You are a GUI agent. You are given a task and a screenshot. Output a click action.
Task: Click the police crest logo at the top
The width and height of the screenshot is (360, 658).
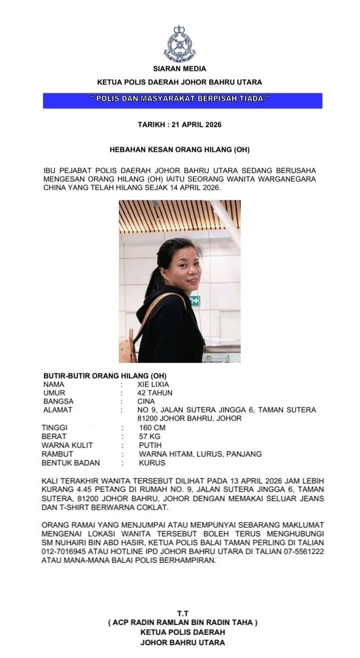(x=180, y=44)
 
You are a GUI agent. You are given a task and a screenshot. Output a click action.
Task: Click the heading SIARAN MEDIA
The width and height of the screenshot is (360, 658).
(x=180, y=69)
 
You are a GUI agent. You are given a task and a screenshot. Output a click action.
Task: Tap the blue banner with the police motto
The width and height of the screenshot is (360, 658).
(x=182, y=99)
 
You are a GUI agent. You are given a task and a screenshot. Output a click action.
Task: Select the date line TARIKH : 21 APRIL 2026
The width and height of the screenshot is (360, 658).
(x=180, y=124)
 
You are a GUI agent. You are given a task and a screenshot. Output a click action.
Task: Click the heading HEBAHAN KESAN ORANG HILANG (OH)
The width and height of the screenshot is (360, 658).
(x=180, y=149)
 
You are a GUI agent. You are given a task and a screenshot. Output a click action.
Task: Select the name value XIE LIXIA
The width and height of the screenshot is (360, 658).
(x=153, y=385)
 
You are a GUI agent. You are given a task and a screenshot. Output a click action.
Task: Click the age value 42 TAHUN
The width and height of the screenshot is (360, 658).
(x=155, y=393)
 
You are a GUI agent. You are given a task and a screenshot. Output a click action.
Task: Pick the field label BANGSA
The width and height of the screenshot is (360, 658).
(x=58, y=402)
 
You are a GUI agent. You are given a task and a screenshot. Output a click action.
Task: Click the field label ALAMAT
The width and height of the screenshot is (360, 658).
(x=58, y=410)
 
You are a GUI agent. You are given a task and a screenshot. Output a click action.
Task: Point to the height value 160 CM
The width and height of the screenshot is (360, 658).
(x=152, y=428)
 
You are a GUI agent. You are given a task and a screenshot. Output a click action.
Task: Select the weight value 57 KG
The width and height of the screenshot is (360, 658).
(x=150, y=437)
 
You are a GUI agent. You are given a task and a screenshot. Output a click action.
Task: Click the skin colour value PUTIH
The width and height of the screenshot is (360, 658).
(x=150, y=445)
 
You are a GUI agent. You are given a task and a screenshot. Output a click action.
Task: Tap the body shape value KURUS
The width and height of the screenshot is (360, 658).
(x=152, y=463)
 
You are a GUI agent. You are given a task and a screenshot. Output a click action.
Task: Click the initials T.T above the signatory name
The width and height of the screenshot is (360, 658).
(x=183, y=613)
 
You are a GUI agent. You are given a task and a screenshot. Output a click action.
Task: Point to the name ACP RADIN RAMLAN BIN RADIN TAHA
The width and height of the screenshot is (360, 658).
(x=183, y=623)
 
